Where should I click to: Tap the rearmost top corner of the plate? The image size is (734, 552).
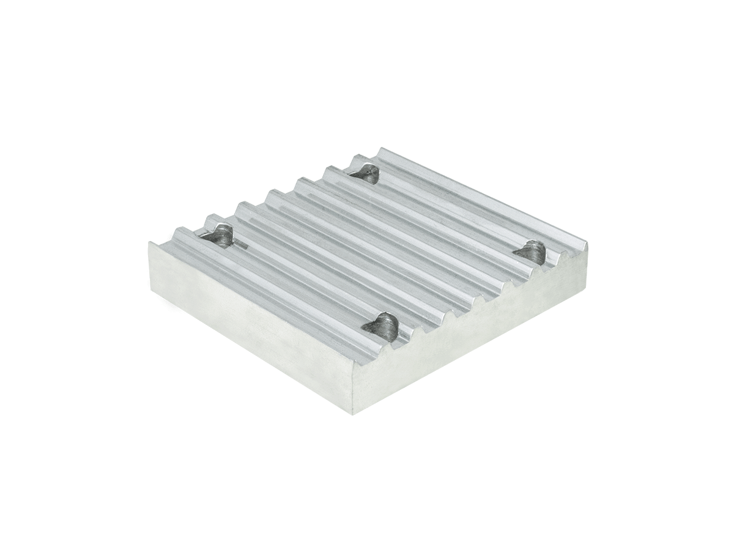[381, 149]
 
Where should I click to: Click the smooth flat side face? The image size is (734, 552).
[251, 324]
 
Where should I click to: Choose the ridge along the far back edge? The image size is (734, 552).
[483, 195]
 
